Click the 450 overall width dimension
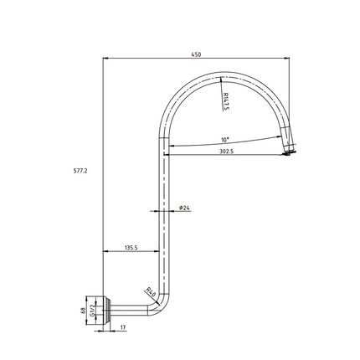point(196,54)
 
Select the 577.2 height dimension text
point(80,170)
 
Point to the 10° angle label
point(225,140)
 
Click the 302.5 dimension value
point(226,152)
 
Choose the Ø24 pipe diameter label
point(184,207)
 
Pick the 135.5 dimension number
point(131,248)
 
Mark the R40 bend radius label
point(151,292)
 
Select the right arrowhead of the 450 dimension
point(288,59)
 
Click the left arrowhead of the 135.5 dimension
point(105,252)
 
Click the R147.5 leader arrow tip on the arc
point(220,80)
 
